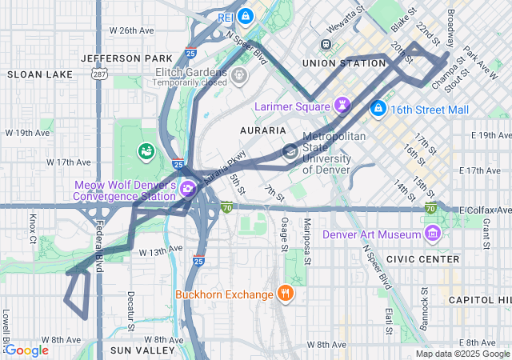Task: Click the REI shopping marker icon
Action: (x=246, y=15)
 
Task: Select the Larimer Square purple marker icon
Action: (x=343, y=106)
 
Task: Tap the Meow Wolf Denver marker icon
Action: (x=188, y=190)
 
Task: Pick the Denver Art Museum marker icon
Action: (x=433, y=234)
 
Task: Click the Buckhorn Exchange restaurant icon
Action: (x=286, y=294)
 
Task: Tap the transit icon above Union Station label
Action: (x=326, y=44)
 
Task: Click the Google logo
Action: (x=26, y=350)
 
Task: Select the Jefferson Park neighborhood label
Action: (x=126, y=58)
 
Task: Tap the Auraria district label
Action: (x=262, y=130)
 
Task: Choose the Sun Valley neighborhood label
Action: (x=142, y=350)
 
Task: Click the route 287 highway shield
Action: (x=98, y=74)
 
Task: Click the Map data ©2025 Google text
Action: (x=461, y=354)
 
